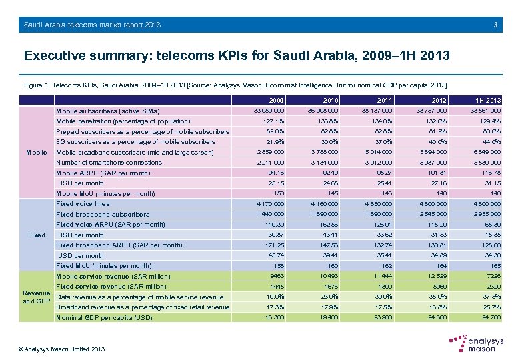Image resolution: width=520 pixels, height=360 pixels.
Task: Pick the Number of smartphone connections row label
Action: pos(109,163)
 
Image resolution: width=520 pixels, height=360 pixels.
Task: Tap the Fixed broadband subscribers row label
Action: pos(103,215)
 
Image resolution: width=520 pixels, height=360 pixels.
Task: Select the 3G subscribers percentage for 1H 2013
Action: pos(491,142)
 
